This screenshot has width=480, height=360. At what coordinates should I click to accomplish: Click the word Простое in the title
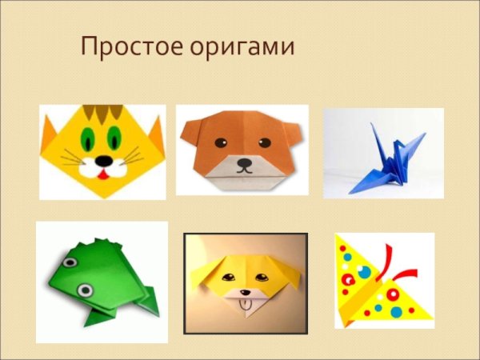128,47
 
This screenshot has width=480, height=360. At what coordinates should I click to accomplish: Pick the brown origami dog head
242,149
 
